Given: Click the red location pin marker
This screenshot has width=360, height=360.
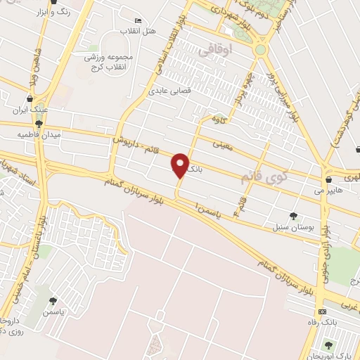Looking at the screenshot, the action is tap(180, 165).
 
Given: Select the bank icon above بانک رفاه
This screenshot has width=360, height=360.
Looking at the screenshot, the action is tap(322, 311).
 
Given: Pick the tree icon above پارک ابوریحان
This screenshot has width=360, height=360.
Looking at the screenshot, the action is tap(328, 344).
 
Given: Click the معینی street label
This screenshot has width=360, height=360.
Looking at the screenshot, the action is tap(223, 146).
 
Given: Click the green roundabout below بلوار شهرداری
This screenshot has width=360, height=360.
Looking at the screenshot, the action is tap(261, 50).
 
